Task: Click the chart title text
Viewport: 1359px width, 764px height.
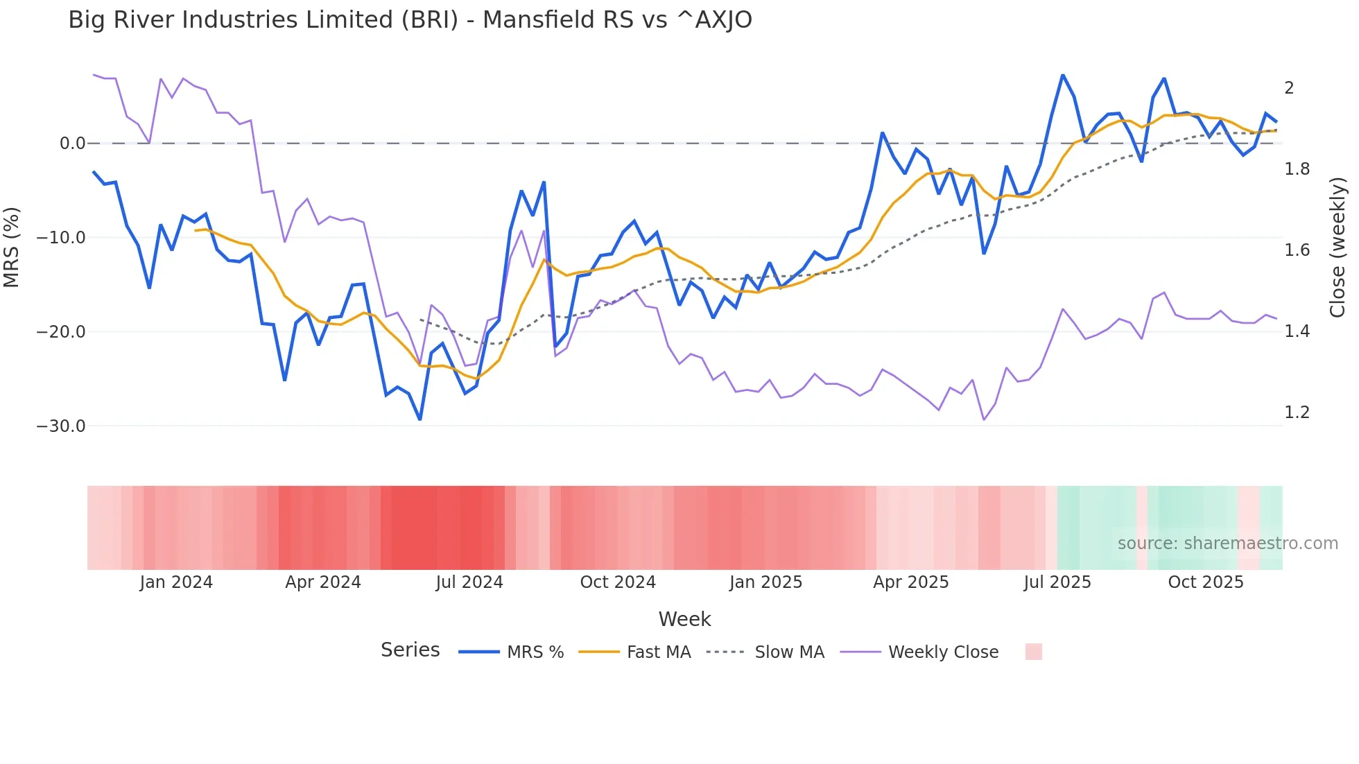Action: click(410, 20)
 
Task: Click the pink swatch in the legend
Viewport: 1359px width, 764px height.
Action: click(1033, 652)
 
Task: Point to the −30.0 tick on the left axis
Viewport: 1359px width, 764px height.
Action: click(61, 426)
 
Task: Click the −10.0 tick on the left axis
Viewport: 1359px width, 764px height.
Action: click(61, 238)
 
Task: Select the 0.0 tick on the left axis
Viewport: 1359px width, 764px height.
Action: click(72, 144)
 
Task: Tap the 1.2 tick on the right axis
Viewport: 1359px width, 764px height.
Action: click(1297, 413)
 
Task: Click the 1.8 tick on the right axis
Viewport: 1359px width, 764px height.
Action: click(1297, 169)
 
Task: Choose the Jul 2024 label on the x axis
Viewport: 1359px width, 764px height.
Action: click(469, 582)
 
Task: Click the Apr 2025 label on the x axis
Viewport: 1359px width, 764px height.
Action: click(910, 582)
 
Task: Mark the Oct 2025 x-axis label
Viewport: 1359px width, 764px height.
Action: click(1206, 582)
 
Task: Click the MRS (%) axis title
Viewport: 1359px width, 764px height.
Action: click(12, 248)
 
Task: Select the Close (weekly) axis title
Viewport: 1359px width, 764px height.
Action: click(1338, 248)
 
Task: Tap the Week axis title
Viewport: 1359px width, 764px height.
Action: click(684, 619)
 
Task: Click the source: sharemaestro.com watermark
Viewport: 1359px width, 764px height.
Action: click(1227, 544)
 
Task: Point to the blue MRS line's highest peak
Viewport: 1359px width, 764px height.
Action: click(1062, 75)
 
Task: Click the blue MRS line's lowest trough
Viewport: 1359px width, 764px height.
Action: click(419, 419)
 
